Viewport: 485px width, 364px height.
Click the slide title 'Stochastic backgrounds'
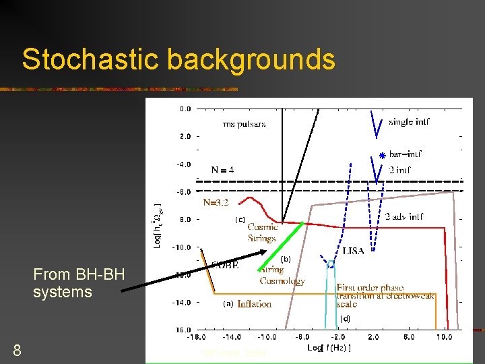(x=179, y=59)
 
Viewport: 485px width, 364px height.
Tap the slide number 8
(x=18, y=350)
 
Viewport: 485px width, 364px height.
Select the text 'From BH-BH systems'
(x=63, y=283)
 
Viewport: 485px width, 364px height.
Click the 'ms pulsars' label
(x=244, y=123)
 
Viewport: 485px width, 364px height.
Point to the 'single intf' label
(x=409, y=122)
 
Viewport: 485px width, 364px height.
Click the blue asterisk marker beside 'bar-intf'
(x=381, y=156)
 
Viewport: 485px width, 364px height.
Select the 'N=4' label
(x=222, y=170)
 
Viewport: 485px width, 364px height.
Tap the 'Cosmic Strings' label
(x=261, y=233)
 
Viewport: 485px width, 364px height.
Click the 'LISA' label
(x=353, y=251)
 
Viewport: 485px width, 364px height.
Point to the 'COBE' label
(x=225, y=265)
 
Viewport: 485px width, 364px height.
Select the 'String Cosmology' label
(x=282, y=276)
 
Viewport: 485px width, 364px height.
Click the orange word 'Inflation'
(x=255, y=304)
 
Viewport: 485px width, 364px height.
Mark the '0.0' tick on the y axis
(x=185, y=109)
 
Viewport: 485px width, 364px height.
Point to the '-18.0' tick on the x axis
(x=197, y=337)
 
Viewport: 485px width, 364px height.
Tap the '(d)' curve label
(x=345, y=317)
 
